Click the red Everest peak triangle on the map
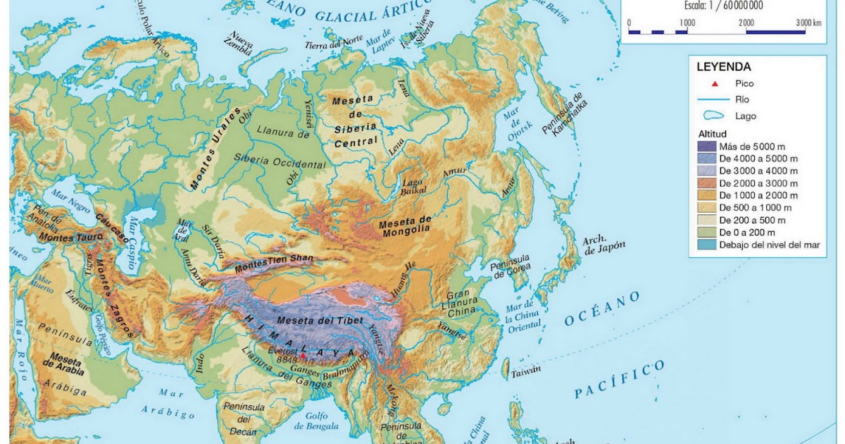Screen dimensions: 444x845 303,357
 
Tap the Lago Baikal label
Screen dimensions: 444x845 413,187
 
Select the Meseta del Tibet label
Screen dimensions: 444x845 320,321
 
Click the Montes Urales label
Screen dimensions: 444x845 215,148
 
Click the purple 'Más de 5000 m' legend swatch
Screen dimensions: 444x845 706,147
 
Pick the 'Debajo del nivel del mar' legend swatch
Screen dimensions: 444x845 706,245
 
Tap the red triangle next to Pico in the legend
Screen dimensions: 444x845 715,84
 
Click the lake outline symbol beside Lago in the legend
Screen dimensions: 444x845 715,116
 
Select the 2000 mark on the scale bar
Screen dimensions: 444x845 746,23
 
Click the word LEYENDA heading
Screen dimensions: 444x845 723,67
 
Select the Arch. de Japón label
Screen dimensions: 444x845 599,245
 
